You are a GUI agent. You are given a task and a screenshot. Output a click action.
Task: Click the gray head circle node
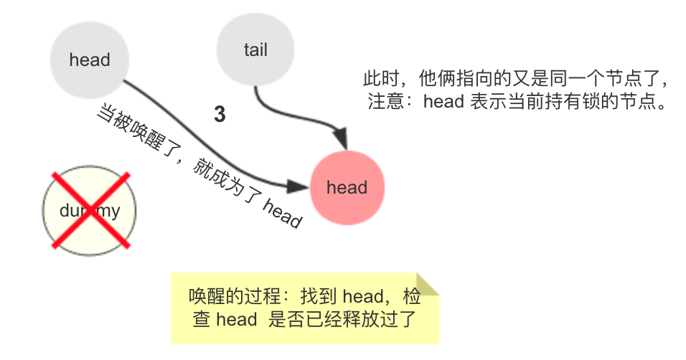[x=90, y=60]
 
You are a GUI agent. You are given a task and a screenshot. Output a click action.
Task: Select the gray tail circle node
[x=255, y=49]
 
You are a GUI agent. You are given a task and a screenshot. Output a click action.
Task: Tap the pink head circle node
[x=347, y=188]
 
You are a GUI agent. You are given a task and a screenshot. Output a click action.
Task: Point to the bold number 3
[x=220, y=115]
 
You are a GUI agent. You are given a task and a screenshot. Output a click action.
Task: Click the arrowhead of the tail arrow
[x=340, y=141]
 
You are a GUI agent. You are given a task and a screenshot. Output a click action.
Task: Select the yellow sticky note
[x=305, y=308]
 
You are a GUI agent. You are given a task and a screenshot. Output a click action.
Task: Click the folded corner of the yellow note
[x=428, y=283]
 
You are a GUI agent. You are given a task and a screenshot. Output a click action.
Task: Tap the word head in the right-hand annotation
[x=443, y=102]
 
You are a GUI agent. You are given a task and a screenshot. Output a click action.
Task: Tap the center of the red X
[x=89, y=209]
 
